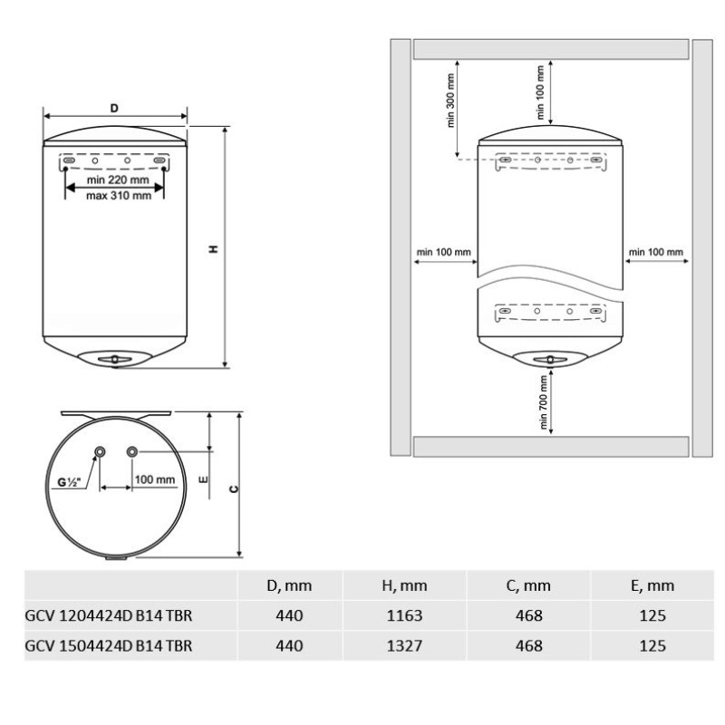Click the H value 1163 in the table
point(404,615)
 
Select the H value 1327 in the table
point(404,645)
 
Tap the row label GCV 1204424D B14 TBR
point(108,615)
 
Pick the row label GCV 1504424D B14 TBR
point(108,645)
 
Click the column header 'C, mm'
point(528,585)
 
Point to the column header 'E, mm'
point(652,585)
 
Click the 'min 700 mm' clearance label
point(543,401)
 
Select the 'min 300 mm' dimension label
point(450,101)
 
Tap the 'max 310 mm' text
point(119,196)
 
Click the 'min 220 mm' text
point(118,179)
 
